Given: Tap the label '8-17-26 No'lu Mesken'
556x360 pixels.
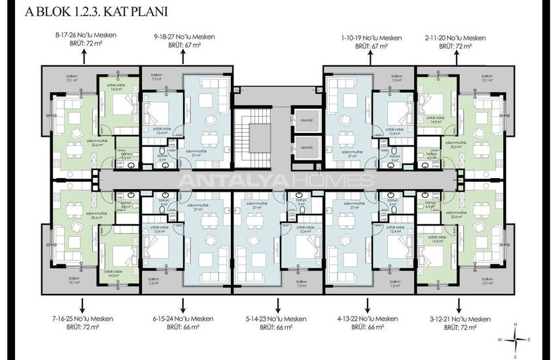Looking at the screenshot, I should pyautogui.click(x=82, y=35).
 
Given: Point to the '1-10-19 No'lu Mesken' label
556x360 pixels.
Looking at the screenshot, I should pyautogui.click(x=372, y=38).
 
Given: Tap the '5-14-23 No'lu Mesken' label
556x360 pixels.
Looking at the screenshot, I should pyautogui.click(x=277, y=318).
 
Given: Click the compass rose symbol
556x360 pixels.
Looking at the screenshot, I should pyautogui.click(x=516, y=339).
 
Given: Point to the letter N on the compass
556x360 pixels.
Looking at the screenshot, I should pyautogui.click(x=516, y=325).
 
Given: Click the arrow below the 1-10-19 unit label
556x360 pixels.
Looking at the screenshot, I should pyautogui.click(x=372, y=58).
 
